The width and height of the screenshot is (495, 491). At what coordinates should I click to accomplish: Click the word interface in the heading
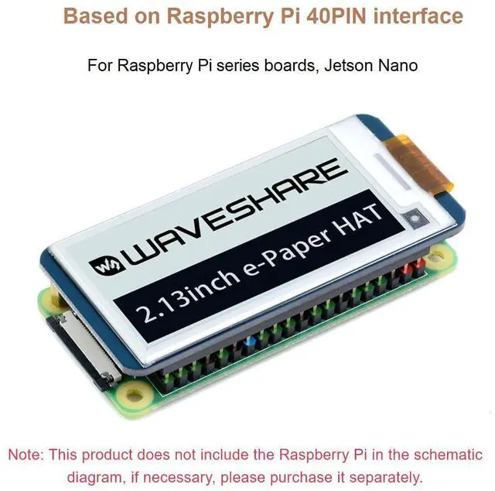point(418,15)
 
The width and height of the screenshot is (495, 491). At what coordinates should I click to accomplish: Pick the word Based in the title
point(91,15)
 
